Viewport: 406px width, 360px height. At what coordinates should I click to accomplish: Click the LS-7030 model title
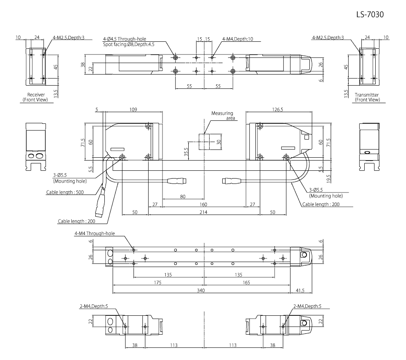point(371,14)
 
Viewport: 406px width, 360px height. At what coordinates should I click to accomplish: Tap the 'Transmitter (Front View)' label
point(367,97)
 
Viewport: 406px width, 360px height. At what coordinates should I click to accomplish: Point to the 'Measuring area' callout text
point(222,116)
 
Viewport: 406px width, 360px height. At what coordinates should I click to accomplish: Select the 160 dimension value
point(203,204)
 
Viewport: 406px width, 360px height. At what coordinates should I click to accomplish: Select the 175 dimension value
point(158,283)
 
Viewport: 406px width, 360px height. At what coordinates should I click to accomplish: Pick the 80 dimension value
point(183,197)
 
